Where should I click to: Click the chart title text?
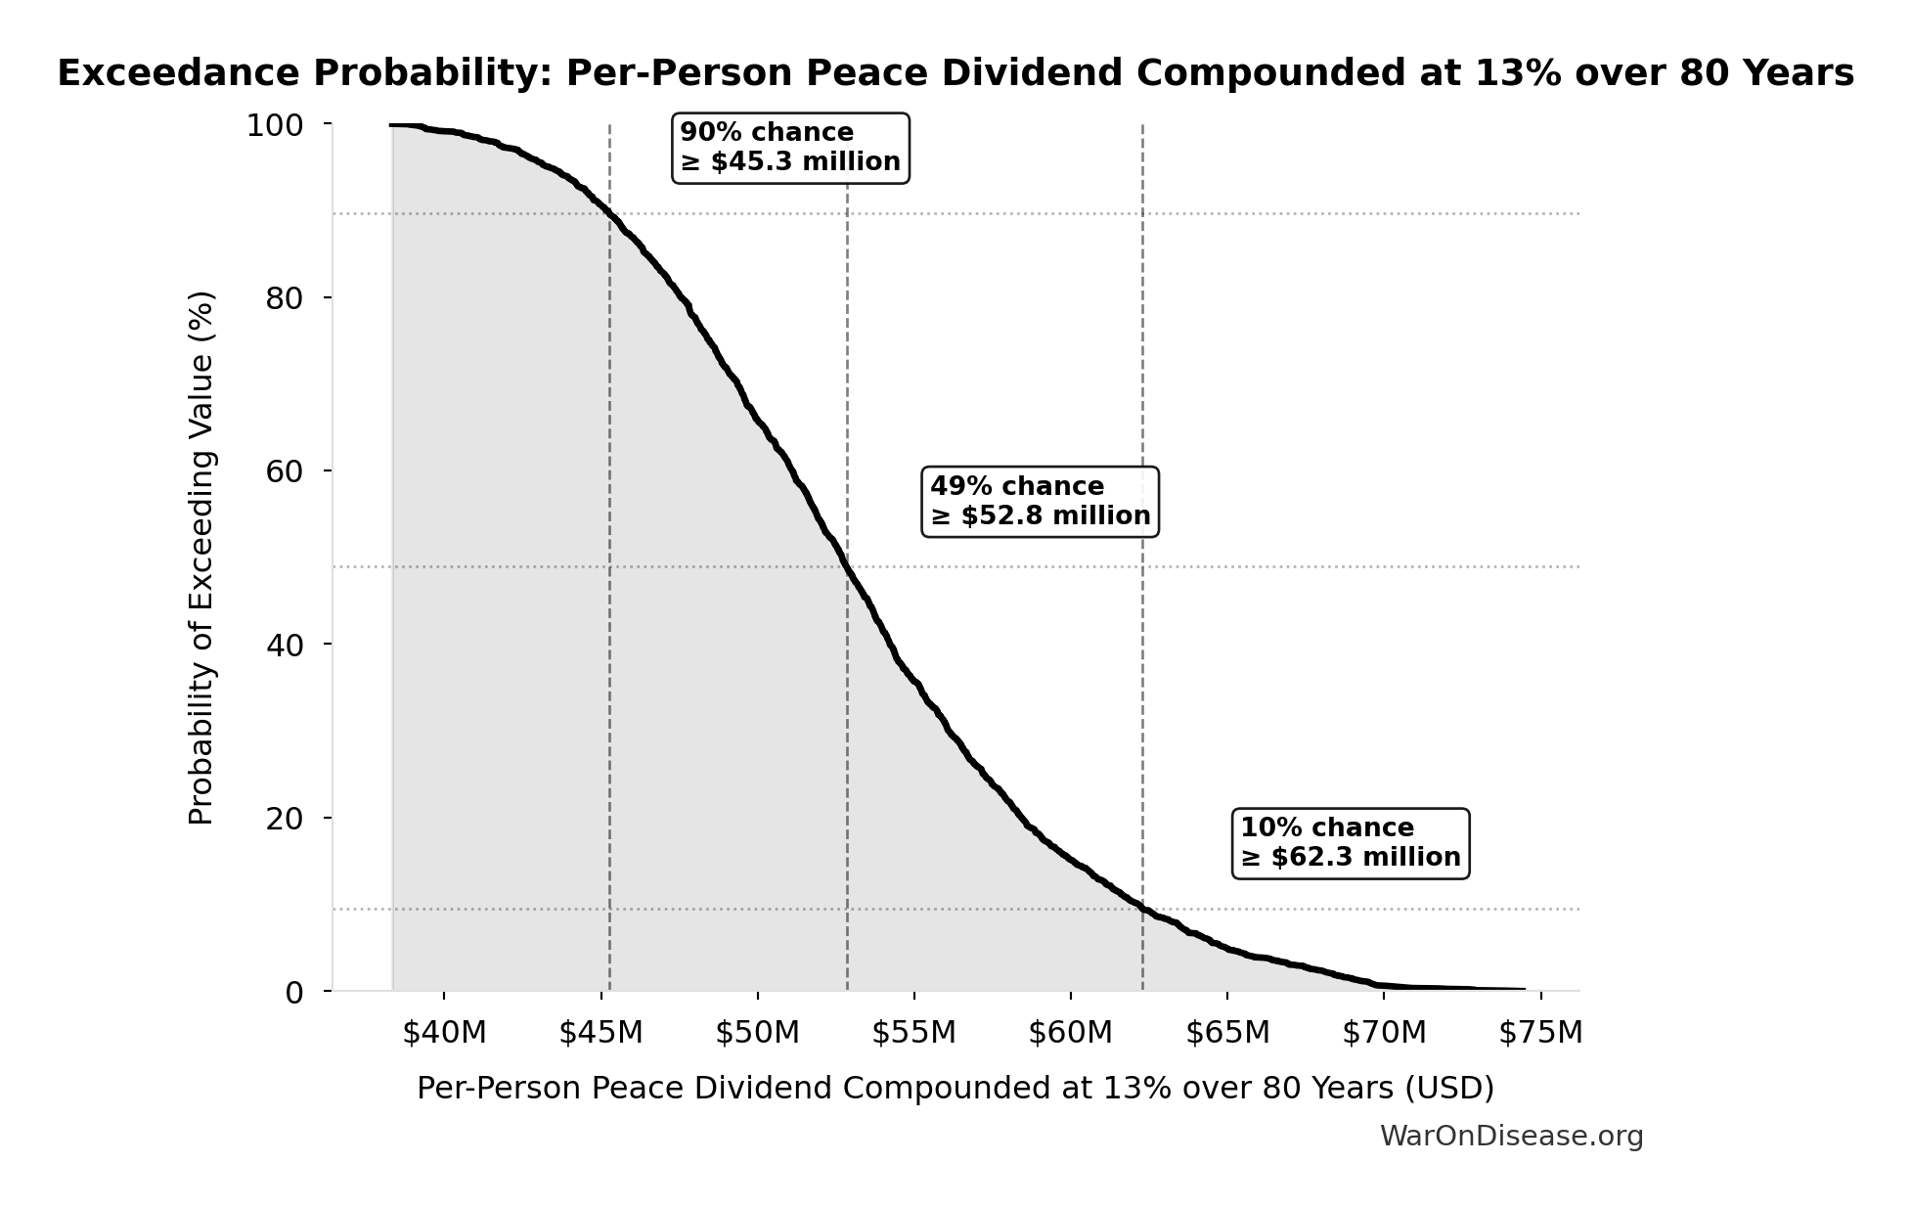(955, 73)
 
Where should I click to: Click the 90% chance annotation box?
(790, 148)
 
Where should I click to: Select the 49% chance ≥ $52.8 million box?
(1040, 502)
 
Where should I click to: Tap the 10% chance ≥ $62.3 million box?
(1350, 843)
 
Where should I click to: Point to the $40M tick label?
(444, 1033)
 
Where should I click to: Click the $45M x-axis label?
(600, 1033)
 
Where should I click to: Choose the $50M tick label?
(757, 1033)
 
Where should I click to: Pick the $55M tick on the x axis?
(913, 1033)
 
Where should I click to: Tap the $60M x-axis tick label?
(1070, 1033)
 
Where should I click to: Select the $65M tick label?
(1227, 1033)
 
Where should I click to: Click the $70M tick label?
(1384, 1033)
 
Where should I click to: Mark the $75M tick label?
(1540, 1033)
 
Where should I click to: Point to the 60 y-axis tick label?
(285, 471)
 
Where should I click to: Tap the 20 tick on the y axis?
(285, 819)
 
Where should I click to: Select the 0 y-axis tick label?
(294, 993)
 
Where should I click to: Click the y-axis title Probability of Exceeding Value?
(201, 558)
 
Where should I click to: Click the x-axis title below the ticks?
(955, 1089)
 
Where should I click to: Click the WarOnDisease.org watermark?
(1511, 1137)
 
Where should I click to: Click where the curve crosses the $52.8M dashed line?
(847, 566)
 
